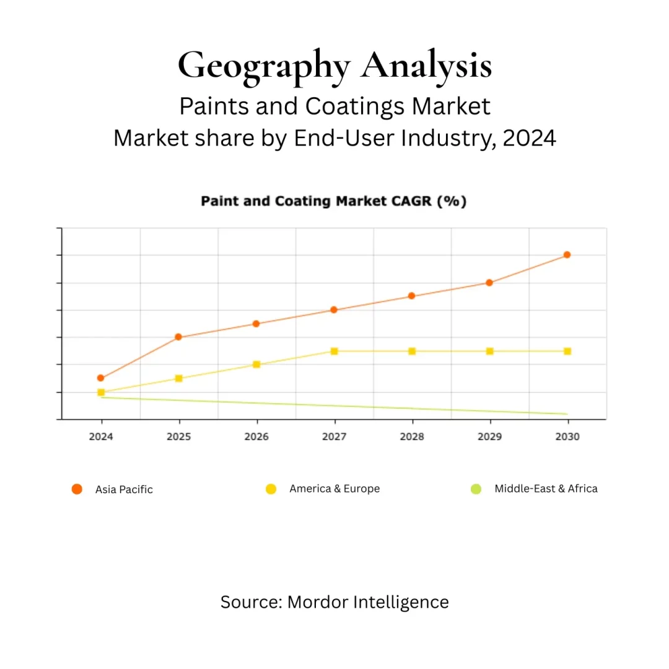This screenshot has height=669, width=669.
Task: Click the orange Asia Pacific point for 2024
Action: [101, 378]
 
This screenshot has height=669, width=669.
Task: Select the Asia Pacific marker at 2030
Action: [567, 255]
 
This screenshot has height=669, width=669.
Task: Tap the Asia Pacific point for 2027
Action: [334, 310]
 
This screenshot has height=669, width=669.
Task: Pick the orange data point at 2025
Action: [178, 337]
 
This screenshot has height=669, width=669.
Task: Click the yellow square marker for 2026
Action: [256, 364]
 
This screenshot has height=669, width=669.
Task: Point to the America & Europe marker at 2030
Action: [567, 351]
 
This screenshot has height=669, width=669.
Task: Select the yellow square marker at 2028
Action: [412, 351]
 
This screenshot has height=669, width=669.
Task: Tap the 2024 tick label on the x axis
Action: [101, 437]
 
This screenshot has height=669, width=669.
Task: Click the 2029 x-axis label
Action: [489, 437]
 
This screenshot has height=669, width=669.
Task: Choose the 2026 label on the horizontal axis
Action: [256, 437]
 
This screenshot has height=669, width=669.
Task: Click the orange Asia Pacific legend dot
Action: [77, 489]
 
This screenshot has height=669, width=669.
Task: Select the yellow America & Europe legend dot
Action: [271, 489]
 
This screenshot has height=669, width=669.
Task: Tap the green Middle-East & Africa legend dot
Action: [476, 489]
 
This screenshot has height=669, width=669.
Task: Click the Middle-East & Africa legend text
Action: [546, 489]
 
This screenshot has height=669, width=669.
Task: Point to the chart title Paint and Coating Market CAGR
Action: [333, 201]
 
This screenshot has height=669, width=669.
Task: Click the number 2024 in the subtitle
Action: [529, 138]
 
